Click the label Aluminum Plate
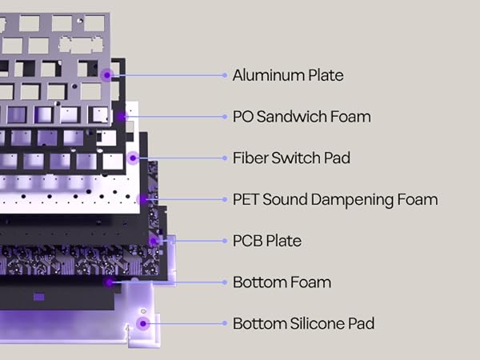tap(288, 75)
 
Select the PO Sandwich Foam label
tap(302, 117)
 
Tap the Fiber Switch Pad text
tap(291, 158)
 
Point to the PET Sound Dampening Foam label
tap(335, 199)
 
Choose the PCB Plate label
tap(267, 241)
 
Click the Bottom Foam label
tap(282, 282)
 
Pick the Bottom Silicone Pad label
tap(304, 323)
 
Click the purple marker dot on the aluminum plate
tap(107, 75)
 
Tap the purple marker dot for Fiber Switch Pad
tap(133, 158)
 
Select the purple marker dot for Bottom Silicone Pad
tap(143, 323)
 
